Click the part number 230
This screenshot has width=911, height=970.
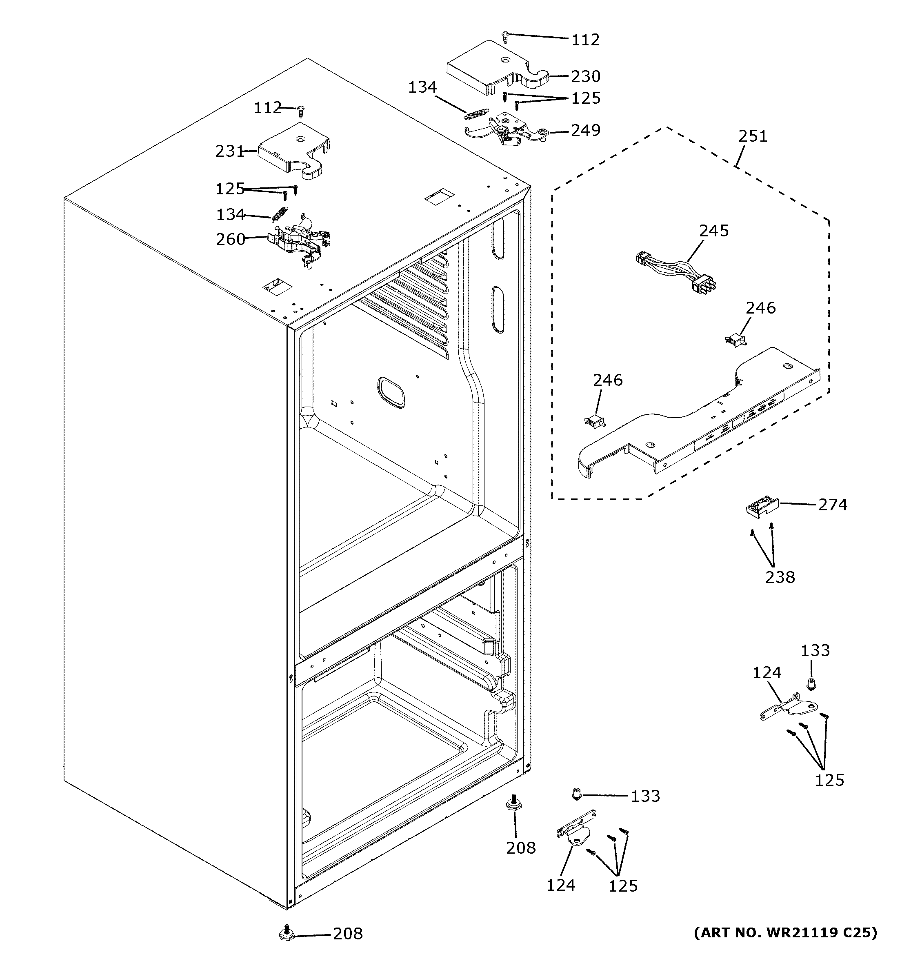[x=586, y=77]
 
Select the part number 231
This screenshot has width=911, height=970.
[x=229, y=151]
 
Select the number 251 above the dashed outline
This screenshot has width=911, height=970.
[x=753, y=136]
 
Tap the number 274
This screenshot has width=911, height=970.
[x=833, y=505]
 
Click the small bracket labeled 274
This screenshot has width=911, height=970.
[x=761, y=508]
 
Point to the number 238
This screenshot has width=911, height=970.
[x=780, y=577]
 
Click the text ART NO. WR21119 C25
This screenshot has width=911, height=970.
[x=785, y=933]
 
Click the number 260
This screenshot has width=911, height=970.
[x=230, y=239]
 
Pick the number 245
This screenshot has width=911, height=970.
[x=713, y=231]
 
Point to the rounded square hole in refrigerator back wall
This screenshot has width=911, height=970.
[x=391, y=392]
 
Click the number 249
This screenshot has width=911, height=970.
[x=586, y=130]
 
